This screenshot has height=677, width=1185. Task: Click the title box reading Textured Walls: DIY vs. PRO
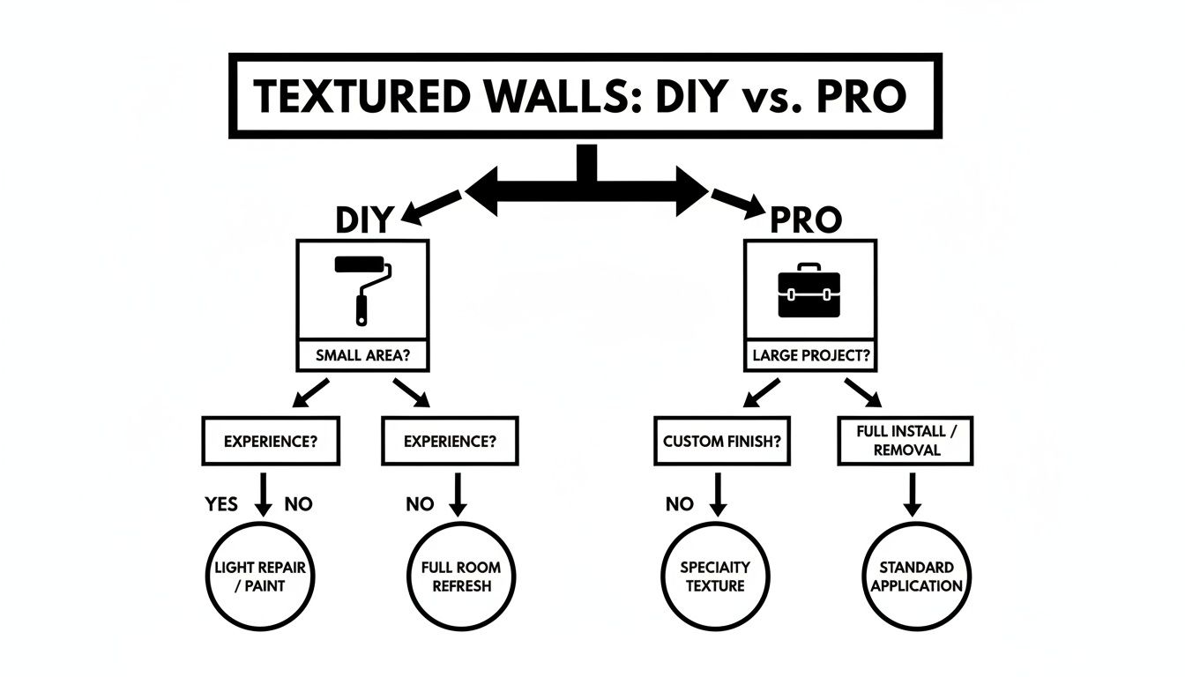coord(585,95)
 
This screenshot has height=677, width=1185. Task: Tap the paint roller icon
coord(361,287)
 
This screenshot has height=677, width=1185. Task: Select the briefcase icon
coord(809,293)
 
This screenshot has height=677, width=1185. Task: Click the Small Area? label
coord(361,357)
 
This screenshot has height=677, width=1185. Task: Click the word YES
coord(221,504)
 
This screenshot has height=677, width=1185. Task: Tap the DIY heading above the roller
coord(361,219)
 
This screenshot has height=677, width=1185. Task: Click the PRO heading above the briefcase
coord(806,219)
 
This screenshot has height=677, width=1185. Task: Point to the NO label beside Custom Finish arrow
coord(679,504)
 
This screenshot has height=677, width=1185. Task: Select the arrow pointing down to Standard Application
coord(912,495)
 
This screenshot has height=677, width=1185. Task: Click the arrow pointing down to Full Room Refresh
coord(457,495)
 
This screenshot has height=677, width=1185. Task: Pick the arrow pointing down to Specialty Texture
coord(717,495)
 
